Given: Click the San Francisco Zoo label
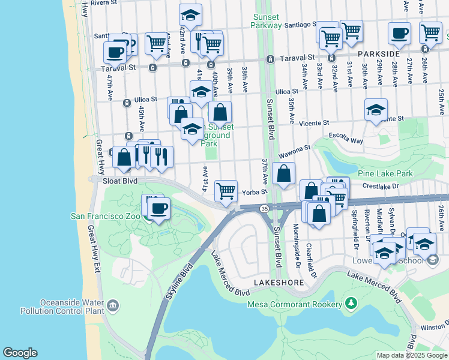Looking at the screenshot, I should point(106,216).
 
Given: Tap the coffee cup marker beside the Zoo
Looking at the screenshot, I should point(158,209).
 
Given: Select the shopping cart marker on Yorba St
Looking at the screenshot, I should point(226,191).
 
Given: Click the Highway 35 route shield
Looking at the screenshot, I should point(264,208).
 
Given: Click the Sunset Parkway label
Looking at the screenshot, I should point(267,21).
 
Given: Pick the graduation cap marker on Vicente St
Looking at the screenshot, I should point(376,110).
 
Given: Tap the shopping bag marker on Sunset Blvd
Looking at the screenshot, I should point(283,174).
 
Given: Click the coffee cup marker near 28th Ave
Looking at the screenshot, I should point(399,34).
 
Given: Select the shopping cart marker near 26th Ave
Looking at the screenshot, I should point(430,32).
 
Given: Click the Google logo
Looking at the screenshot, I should point(20,353).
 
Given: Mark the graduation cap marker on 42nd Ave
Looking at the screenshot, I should point(190,15).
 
